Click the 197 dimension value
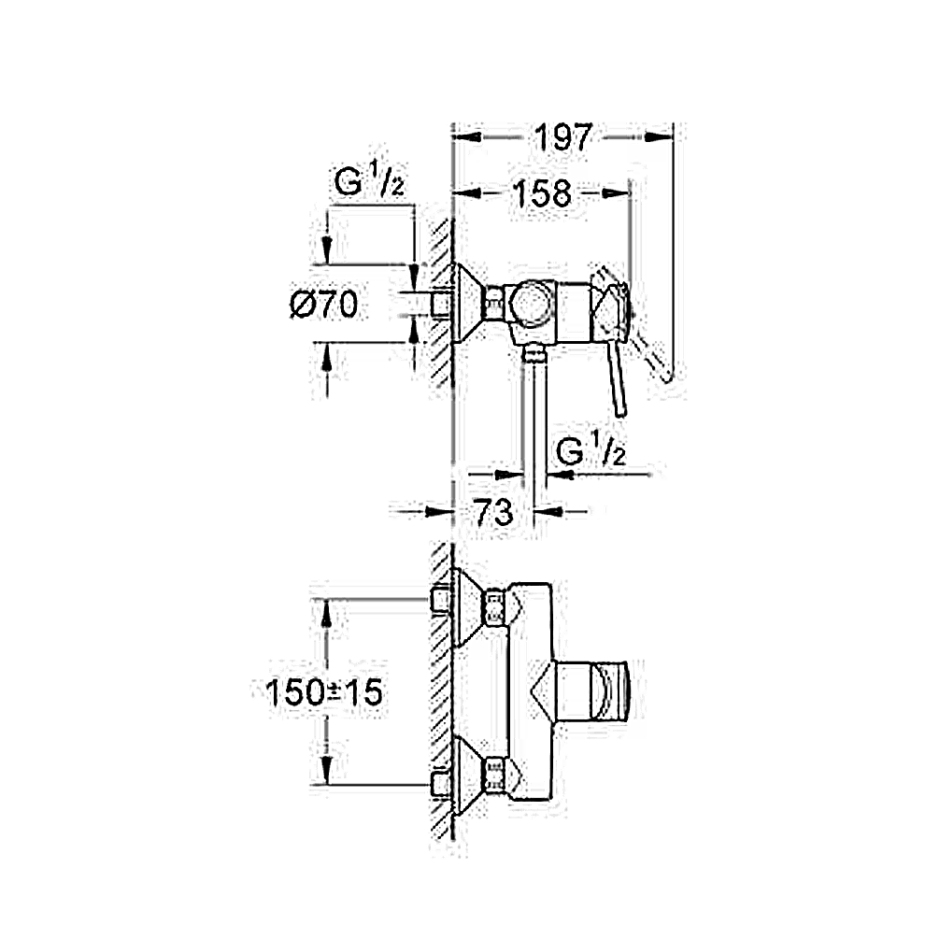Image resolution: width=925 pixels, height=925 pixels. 562,138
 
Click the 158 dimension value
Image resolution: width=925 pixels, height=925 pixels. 542,193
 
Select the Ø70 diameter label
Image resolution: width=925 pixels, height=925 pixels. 324,305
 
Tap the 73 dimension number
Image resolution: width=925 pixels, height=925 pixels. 493,512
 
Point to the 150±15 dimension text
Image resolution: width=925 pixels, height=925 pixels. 324,692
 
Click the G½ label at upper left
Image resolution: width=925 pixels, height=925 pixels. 370,180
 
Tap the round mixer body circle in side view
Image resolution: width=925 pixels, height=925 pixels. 532,305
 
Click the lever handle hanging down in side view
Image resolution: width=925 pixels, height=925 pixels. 617,378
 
